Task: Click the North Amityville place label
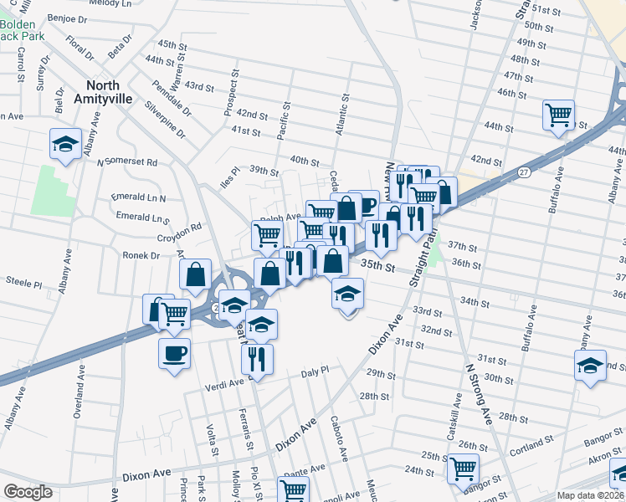click(114, 92)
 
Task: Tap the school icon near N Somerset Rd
click(65, 145)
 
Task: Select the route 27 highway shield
click(524, 172)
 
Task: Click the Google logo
click(28, 492)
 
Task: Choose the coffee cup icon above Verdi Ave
click(174, 353)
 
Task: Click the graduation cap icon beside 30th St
click(590, 366)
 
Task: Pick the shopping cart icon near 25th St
click(463, 469)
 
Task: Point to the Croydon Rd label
click(184, 228)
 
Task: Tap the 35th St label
click(377, 266)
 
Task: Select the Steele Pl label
click(24, 284)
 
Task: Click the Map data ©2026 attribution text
click(590, 495)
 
